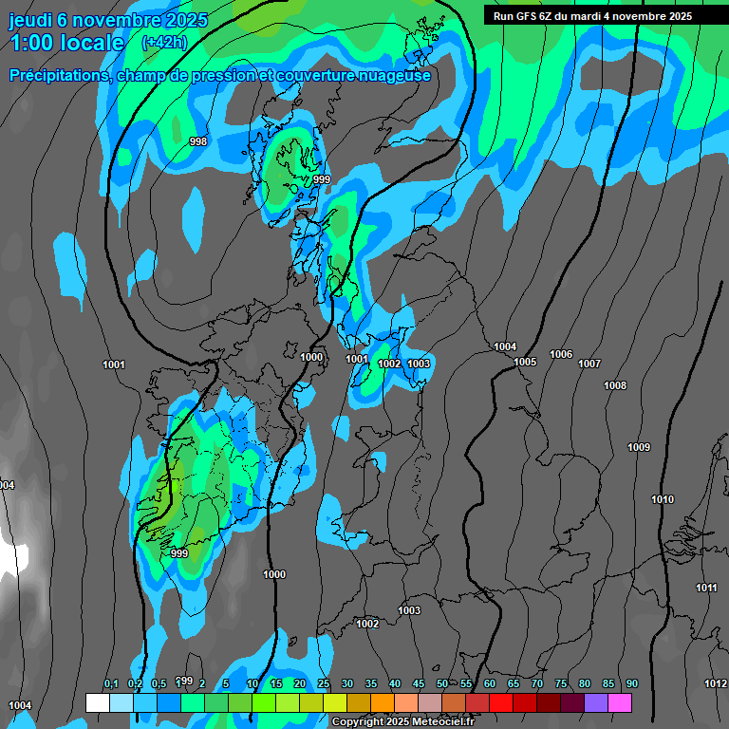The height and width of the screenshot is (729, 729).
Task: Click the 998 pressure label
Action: pyautogui.click(x=197, y=141)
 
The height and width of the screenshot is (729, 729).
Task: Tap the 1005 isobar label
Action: pyautogui.click(x=525, y=363)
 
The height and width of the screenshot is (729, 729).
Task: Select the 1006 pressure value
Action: pyautogui.click(x=561, y=354)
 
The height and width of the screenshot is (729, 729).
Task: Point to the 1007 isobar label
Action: pyautogui.click(x=589, y=364)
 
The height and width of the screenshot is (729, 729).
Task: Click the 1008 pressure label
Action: pyautogui.click(x=615, y=385)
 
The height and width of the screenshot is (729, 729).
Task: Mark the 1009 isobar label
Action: pyautogui.click(x=639, y=447)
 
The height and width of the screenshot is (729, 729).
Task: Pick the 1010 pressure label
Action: pyautogui.click(x=663, y=499)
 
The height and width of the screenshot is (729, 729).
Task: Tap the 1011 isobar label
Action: pyautogui.click(x=706, y=588)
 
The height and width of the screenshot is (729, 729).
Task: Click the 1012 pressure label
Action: pyautogui.click(x=716, y=683)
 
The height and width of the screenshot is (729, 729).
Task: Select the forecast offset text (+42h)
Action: pyautogui.click(x=164, y=43)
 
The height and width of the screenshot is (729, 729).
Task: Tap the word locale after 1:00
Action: pyautogui.click(x=89, y=43)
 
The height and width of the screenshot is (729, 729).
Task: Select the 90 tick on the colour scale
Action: pyautogui.click(x=631, y=683)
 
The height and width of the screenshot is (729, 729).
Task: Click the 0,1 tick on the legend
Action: pyautogui.click(x=111, y=683)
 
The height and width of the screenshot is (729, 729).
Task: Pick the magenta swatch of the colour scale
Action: pyautogui.click(x=620, y=702)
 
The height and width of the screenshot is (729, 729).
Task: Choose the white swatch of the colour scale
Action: pyautogui.click(x=97, y=702)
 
